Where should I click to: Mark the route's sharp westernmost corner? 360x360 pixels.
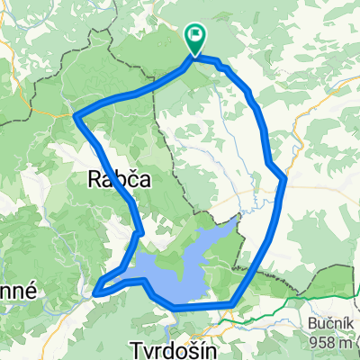tap(74, 115)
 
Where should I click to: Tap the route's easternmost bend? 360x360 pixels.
tap(285, 179)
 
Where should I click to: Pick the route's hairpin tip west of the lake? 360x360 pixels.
tap(97, 291)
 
